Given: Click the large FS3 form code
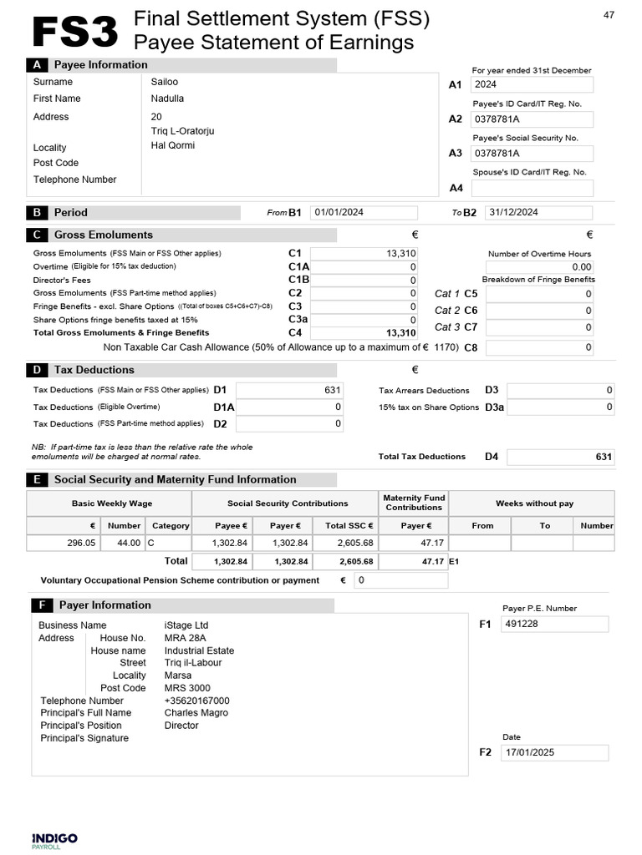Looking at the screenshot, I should click(74, 32).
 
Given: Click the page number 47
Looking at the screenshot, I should click(609, 14).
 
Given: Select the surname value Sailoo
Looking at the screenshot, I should click(165, 82).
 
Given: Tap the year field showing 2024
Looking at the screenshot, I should click(532, 84).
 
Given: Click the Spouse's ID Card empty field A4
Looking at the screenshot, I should click(532, 188).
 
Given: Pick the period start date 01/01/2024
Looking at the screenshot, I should click(363, 212).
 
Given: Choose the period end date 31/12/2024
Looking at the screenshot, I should click(538, 212).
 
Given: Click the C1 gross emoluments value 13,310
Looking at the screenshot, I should click(363, 254).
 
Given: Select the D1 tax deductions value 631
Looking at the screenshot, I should click(289, 390).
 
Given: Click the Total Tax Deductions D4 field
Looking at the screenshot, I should click(561, 457).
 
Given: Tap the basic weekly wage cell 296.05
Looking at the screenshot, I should click(64, 543).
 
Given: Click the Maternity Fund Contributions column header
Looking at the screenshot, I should click(414, 503).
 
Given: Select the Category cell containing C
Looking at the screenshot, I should click(169, 543).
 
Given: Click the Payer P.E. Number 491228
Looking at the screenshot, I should click(554, 624).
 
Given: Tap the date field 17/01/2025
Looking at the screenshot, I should click(554, 752).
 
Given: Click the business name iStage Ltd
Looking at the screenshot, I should click(186, 625).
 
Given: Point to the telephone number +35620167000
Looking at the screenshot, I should click(197, 701).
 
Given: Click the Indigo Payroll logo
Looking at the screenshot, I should click(54, 840).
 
